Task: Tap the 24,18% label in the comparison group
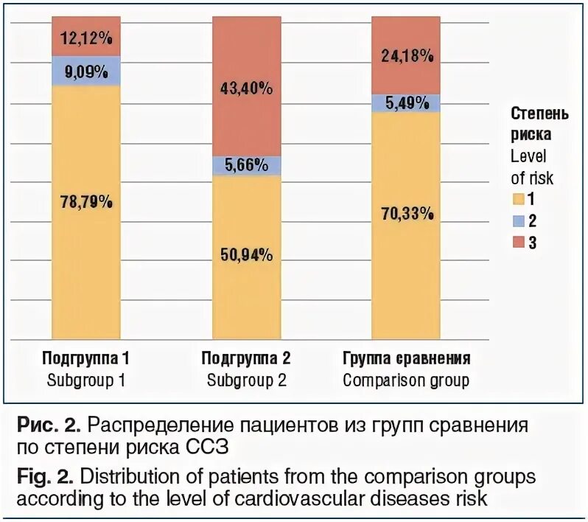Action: coord(406,55)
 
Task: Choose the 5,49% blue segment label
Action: coord(406,103)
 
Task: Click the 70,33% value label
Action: coord(406,215)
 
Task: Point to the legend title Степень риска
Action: coord(539,125)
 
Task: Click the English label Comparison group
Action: coord(406,381)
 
